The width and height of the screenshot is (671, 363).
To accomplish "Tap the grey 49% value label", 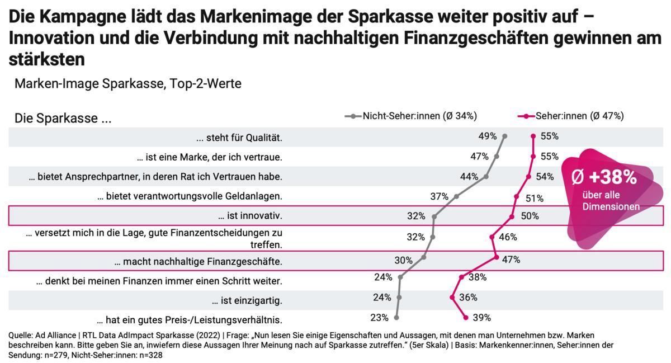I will pyautogui.click(x=488, y=136).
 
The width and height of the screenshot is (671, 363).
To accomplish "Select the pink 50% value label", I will pyautogui.click(x=530, y=216).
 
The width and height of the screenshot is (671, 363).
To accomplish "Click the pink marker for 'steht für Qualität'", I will pyautogui.click(x=533, y=136).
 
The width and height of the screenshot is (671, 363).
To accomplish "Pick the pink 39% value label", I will pyautogui.click(x=481, y=318).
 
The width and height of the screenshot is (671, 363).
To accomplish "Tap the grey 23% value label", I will pyautogui.click(x=379, y=318).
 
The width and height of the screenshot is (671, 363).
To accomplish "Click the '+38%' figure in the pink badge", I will pyautogui.click(x=604, y=178).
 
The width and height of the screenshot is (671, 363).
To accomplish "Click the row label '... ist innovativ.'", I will pyautogui.click(x=250, y=216).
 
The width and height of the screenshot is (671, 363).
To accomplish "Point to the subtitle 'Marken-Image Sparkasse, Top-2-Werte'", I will pyautogui.click(x=128, y=84).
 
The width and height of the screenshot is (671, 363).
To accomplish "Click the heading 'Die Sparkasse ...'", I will pyautogui.click(x=63, y=119).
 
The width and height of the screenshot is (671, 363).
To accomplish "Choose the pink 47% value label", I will pyautogui.click(x=511, y=260).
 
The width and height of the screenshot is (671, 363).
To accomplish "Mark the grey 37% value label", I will pyautogui.click(x=440, y=196).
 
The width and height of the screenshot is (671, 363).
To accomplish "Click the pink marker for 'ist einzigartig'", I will pyautogui.click(x=452, y=297).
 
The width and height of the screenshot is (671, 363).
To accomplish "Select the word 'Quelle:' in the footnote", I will pyautogui.click(x=20, y=335).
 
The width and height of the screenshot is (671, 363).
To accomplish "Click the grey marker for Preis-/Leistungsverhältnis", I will pyautogui.click(x=396, y=317).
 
